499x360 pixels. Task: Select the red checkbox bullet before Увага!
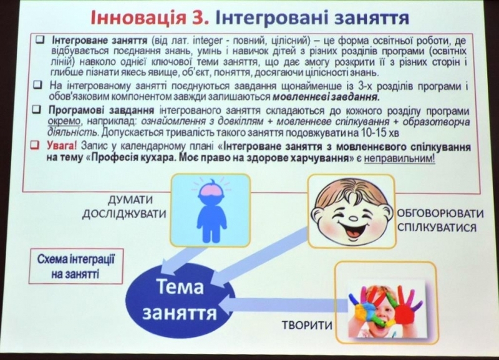point(35,145)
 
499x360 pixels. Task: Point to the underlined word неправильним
point(399,158)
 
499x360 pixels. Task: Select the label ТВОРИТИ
point(307,325)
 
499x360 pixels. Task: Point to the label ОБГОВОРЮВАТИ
point(440,213)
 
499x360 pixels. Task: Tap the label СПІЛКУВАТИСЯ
point(437,228)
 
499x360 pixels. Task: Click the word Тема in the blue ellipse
point(180,287)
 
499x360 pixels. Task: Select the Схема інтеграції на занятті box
point(75,266)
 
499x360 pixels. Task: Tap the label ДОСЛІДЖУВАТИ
point(124,214)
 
